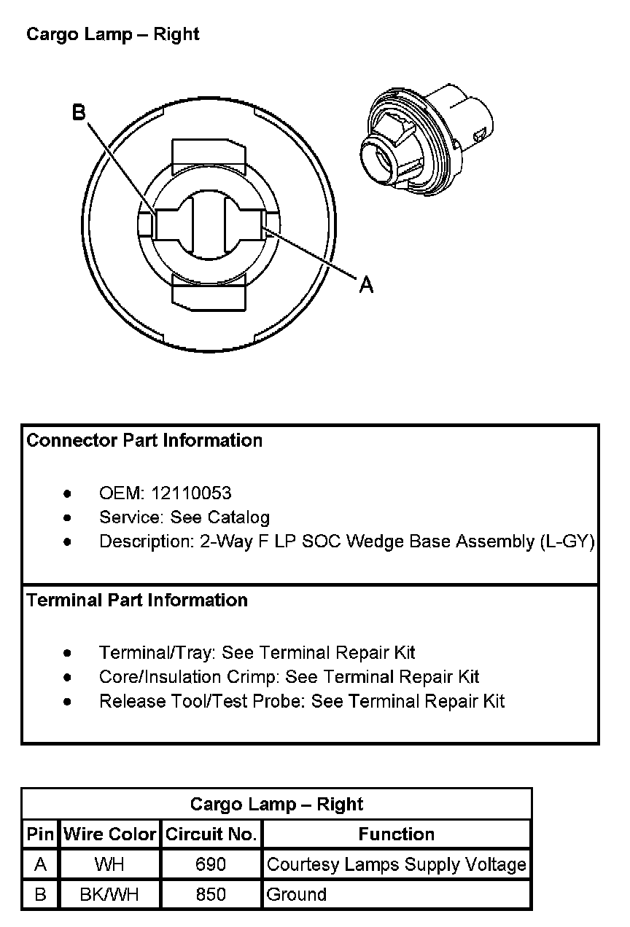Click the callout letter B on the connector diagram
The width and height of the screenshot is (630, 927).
(x=79, y=112)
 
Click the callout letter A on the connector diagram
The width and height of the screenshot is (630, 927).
(x=366, y=284)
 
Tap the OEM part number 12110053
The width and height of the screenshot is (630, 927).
(x=191, y=493)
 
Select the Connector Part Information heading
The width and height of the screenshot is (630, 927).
(x=144, y=440)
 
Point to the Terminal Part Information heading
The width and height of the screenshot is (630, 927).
(x=137, y=600)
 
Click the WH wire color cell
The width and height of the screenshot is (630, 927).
(x=109, y=865)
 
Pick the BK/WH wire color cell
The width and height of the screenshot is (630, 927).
(x=109, y=895)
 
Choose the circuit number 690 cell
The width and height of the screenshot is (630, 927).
(x=211, y=865)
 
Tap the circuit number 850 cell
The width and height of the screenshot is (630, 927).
(x=211, y=895)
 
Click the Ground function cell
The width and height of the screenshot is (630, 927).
(x=297, y=895)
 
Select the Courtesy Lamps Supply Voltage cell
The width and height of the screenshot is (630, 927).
(x=396, y=865)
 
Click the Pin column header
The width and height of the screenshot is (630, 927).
(x=40, y=834)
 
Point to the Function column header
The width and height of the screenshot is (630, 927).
(x=396, y=834)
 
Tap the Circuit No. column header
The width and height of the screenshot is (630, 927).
(x=211, y=834)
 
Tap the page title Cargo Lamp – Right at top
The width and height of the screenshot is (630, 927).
(x=113, y=34)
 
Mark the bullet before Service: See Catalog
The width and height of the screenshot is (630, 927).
(x=68, y=517)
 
